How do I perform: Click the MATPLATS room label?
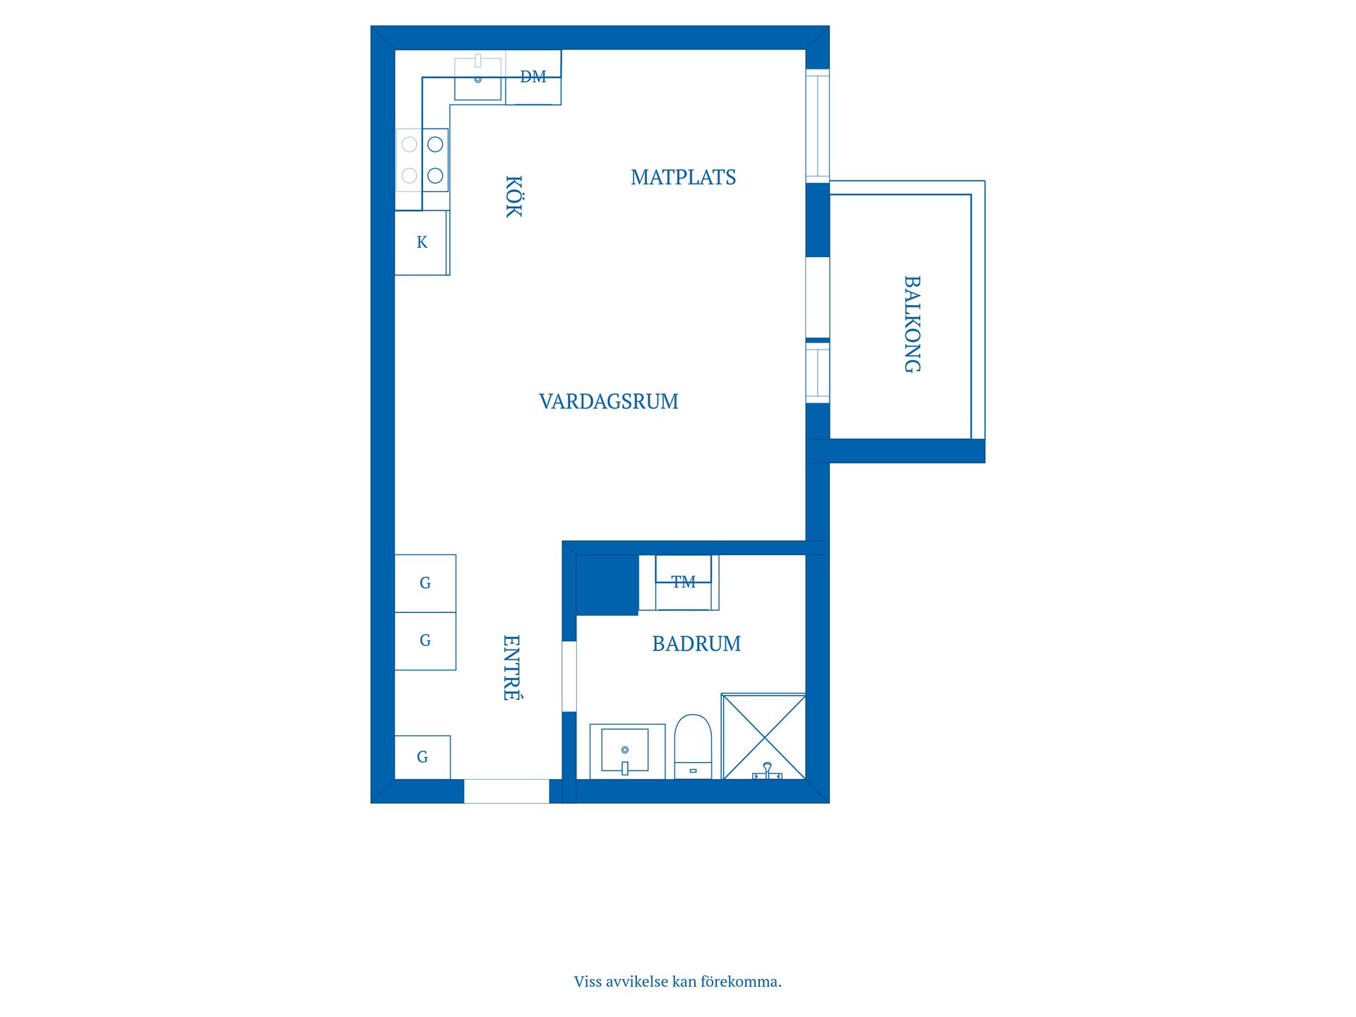pos(683,177)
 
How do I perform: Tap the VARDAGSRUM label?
pos(608,401)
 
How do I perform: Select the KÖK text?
pos(513,196)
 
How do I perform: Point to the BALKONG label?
pos(912,323)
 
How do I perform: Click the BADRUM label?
pos(696,643)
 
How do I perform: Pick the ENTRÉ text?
pos(511,667)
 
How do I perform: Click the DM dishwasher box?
pos(533,78)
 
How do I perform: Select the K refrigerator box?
pos(422,242)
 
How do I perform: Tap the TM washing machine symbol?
pos(683,583)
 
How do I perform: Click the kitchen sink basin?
pos(477,79)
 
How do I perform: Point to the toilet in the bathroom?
pos(693,747)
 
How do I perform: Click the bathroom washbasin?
pos(625,750)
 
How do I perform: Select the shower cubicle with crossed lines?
pos(763,737)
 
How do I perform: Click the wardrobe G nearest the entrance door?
pos(422,757)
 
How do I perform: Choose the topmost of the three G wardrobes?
pos(424,583)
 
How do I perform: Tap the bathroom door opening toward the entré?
pos(569,676)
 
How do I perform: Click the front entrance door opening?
pos(506,791)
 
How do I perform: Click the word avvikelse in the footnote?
pos(636,982)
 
